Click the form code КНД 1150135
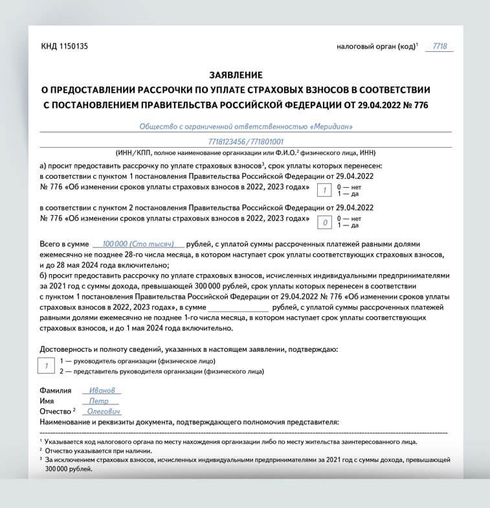(x=64, y=46)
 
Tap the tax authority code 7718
(x=440, y=47)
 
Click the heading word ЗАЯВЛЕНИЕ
(x=236, y=75)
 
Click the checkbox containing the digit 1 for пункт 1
(x=320, y=189)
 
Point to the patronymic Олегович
(x=104, y=411)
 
